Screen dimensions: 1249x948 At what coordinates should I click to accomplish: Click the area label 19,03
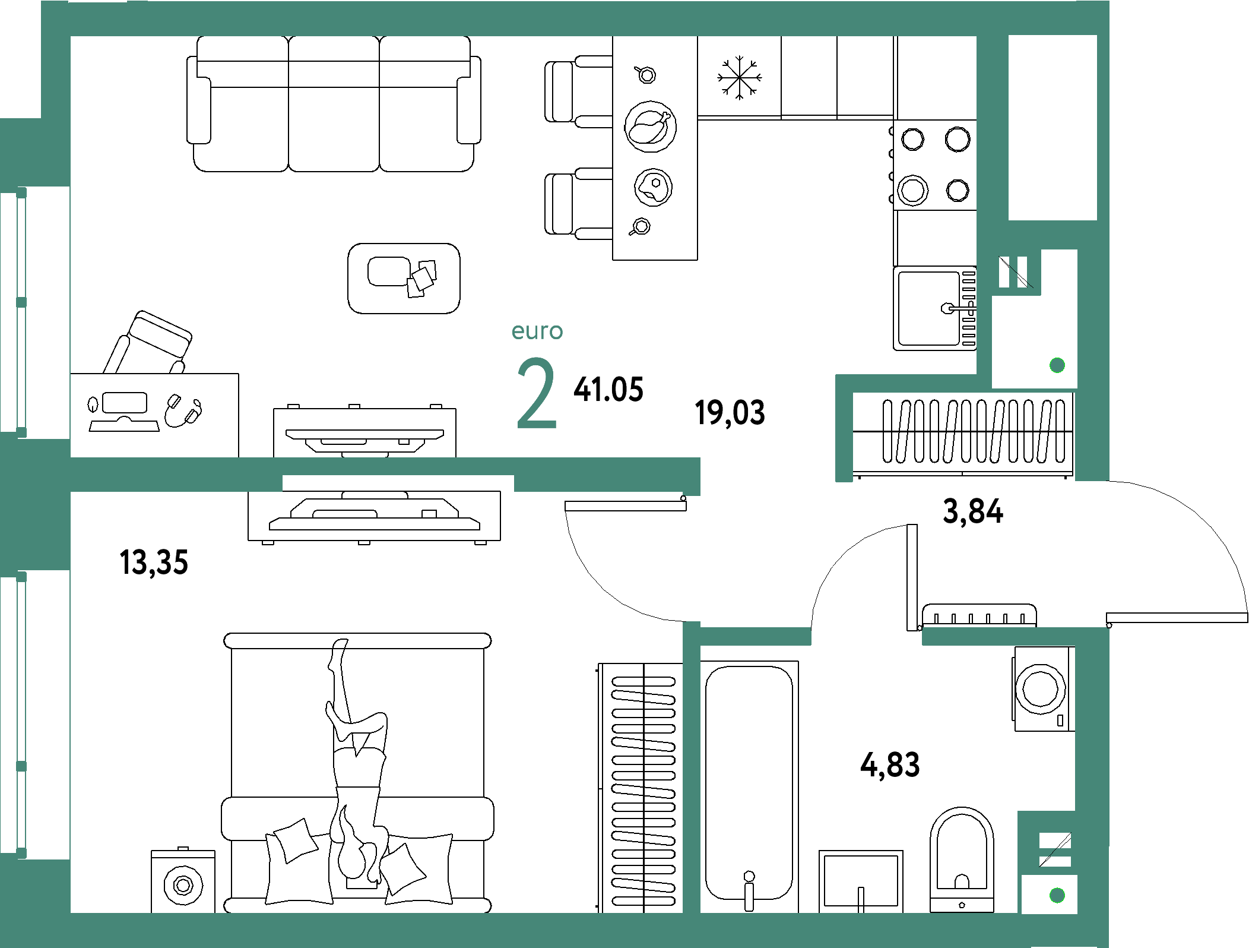tap(730, 413)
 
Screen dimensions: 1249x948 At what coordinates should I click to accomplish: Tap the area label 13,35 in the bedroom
tap(154, 563)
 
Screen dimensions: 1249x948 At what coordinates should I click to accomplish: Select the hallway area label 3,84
tap(973, 511)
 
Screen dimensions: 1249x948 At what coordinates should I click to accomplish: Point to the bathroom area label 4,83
tap(890, 765)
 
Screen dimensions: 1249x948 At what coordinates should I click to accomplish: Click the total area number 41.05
tap(608, 390)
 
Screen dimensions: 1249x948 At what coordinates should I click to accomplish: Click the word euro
tap(537, 331)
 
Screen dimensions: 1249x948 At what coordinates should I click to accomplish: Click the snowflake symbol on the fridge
tap(739, 77)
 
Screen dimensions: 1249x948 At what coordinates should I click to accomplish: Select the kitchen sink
tap(935, 308)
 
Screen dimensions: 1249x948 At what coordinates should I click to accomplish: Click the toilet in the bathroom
tap(962, 859)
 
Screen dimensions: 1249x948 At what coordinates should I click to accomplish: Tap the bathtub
tap(749, 786)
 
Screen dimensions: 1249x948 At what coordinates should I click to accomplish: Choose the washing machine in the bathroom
tap(1043, 689)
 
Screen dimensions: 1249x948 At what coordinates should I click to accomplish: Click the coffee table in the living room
tap(404, 278)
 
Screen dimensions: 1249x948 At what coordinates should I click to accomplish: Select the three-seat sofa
tap(334, 104)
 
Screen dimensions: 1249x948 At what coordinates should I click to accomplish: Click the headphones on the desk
tap(183, 410)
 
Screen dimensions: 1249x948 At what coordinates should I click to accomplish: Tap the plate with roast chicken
tap(650, 127)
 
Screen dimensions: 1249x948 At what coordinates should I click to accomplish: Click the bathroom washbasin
tap(861, 881)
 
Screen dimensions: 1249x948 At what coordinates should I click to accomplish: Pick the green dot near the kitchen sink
tap(1057, 365)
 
